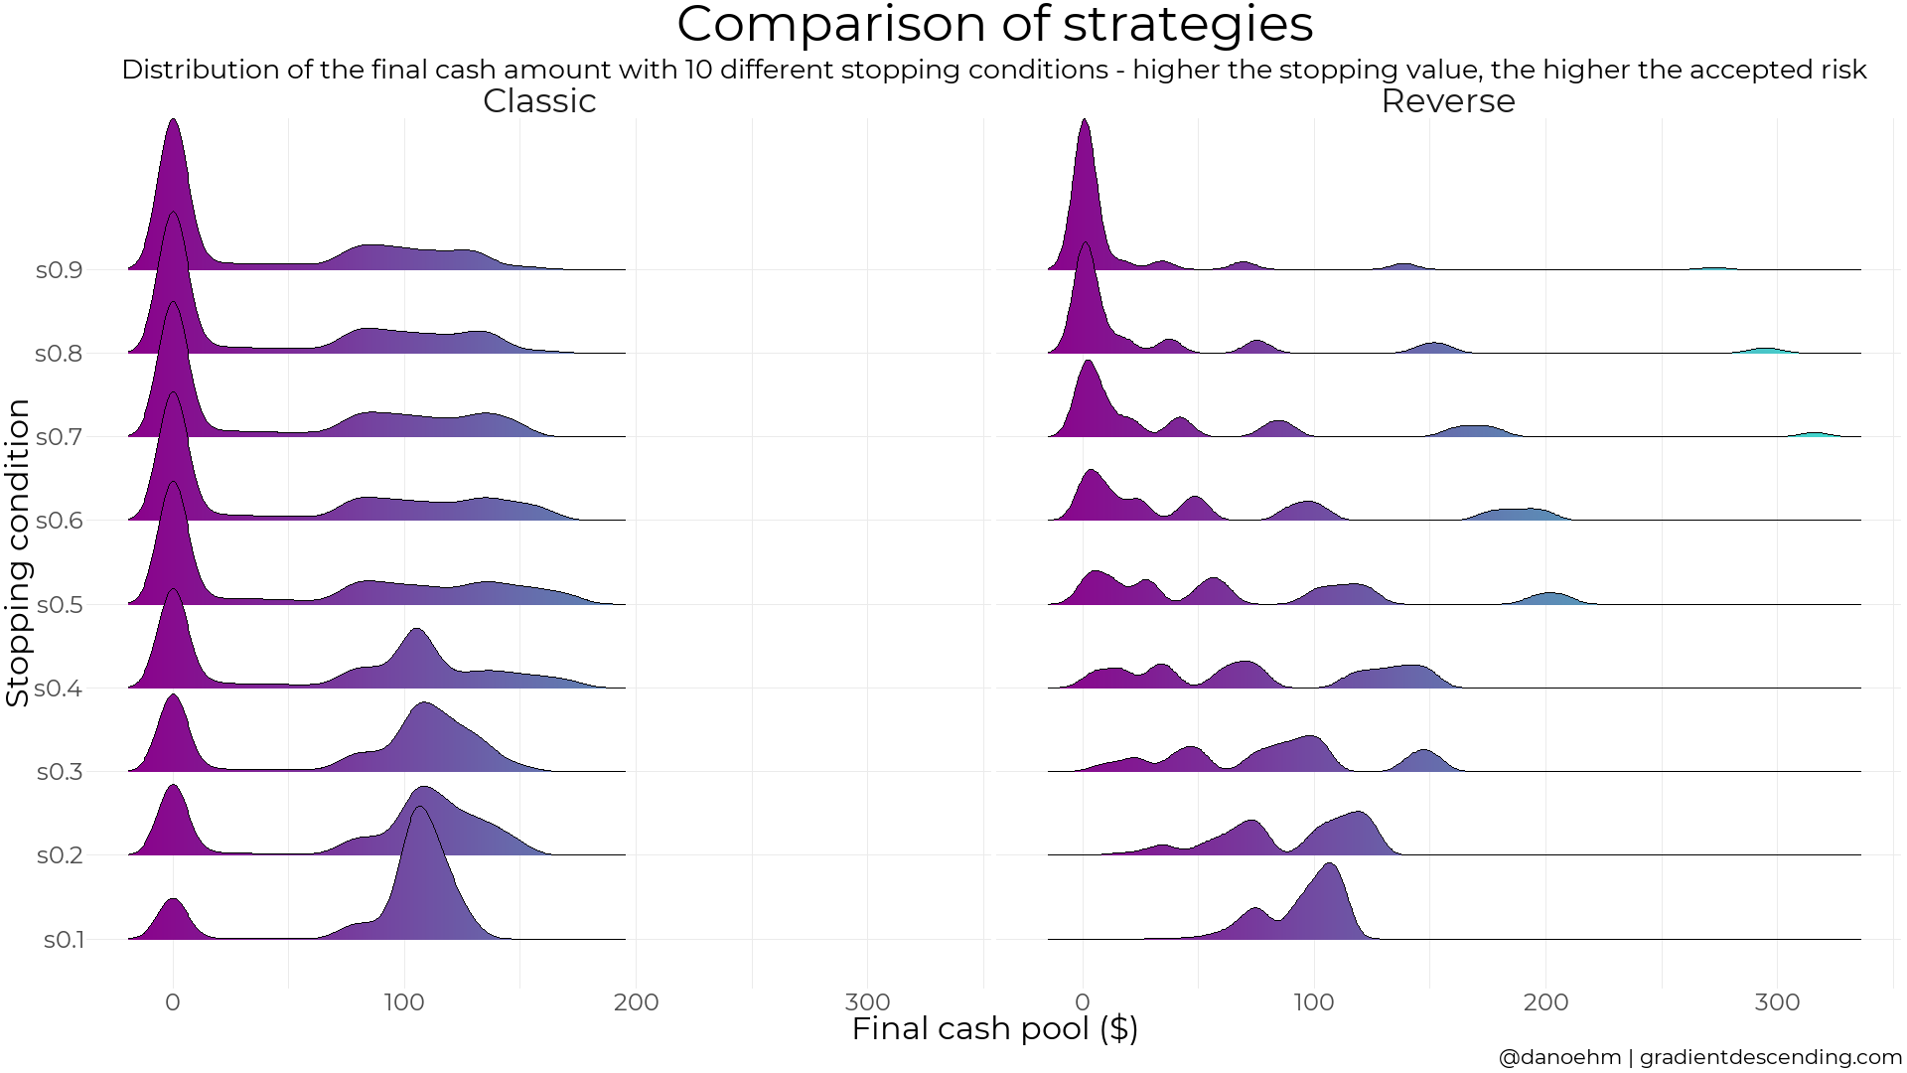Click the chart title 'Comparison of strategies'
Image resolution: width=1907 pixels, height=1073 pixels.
click(x=994, y=25)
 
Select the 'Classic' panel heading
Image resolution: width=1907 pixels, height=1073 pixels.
click(x=539, y=101)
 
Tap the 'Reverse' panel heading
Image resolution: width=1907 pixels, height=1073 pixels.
click(x=1447, y=101)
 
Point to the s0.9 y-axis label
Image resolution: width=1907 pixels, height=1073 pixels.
click(x=59, y=270)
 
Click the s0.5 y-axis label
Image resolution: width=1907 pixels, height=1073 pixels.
click(x=59, y=605)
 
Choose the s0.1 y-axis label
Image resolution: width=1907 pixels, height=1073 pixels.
click(x=63, y=940)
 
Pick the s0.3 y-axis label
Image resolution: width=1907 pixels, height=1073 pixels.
click(x=59, y=772)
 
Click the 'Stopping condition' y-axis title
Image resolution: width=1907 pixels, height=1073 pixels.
click(x=18, y=552)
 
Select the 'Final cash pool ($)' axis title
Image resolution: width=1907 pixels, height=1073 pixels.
click(x=994, y=1029)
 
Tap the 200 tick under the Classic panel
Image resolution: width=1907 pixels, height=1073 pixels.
click(x=636, y=1002)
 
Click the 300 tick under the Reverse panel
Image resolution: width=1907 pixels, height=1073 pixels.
click(x=1777, y=1002)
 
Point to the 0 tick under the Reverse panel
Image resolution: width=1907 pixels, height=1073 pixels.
click(x=1083, y=1002)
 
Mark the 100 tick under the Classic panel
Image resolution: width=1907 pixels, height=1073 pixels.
click(x=404, y=1002)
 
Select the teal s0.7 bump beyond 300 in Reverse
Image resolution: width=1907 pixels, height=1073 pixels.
click(x=1816, y=434)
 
